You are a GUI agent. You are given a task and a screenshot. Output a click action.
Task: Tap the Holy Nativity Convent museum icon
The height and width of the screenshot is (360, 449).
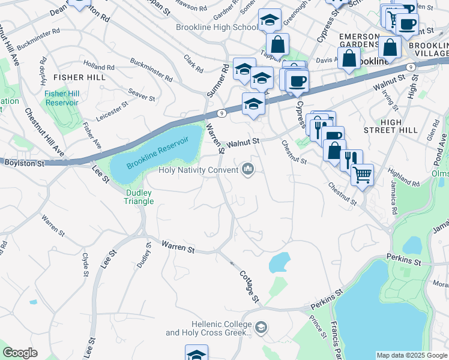point(248,170)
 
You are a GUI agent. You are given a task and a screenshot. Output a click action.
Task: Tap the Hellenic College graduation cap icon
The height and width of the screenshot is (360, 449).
point(261,327)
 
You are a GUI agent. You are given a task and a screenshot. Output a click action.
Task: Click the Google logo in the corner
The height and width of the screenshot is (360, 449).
point(20,353)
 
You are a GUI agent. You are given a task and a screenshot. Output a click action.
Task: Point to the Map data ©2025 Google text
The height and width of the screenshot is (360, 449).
point(411,355)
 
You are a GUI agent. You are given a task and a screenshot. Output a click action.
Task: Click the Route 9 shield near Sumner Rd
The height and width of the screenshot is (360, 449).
point(221,112)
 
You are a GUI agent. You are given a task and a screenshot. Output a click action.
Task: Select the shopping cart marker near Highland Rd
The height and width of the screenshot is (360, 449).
point(361,175)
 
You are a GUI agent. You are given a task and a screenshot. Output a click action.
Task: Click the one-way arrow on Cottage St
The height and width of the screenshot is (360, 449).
point(232,262)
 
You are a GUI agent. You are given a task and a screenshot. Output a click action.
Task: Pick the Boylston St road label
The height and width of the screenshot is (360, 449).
point(24,163)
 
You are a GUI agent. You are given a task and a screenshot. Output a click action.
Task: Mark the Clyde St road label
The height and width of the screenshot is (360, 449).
point(85,264)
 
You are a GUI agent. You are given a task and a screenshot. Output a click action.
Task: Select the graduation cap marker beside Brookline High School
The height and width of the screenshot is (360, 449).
point(270,20)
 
